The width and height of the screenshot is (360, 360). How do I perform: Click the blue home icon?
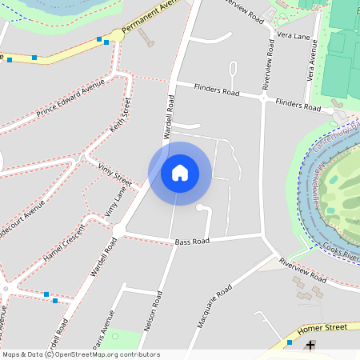(180, 173)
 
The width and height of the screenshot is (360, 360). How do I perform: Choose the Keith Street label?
(120, 117)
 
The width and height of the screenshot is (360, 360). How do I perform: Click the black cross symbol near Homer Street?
(310, 345)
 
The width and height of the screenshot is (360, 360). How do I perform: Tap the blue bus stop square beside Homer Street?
(290, 342)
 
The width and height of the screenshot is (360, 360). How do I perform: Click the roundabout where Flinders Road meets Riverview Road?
(264, 97)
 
